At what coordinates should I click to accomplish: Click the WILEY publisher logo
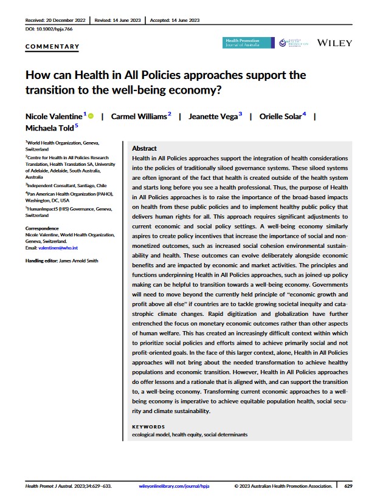coord(335,44)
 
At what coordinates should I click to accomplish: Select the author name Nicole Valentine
coord(54,116)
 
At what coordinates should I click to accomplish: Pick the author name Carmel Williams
coord(139,116)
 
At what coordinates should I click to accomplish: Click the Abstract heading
coord(144,148)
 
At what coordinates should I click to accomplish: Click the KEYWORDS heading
coord(148,426)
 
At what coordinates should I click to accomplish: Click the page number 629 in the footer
coord(348,486)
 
